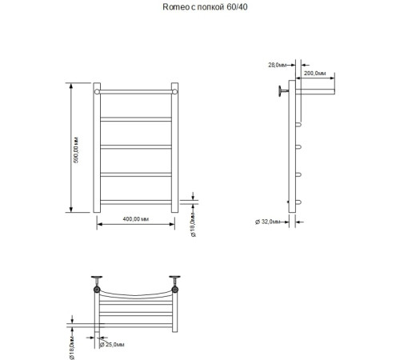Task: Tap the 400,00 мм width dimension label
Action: click(135, 218)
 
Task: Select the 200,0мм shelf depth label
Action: click(315, 73)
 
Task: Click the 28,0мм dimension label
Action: click(278, 63)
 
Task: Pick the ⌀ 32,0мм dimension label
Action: click(264, 221)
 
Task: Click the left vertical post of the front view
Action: click(98, 147)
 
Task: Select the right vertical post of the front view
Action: click(174, 147)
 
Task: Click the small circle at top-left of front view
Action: click(98, 93)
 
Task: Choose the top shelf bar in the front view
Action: click(135, 93)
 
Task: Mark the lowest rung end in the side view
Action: click(300, 201)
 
